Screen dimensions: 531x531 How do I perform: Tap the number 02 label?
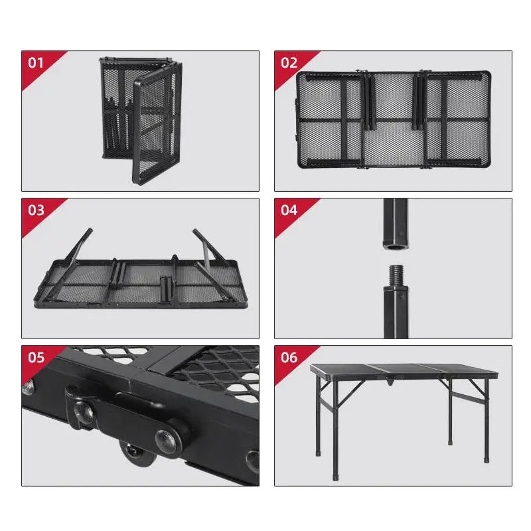289,63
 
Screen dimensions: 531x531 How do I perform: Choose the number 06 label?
289,358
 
